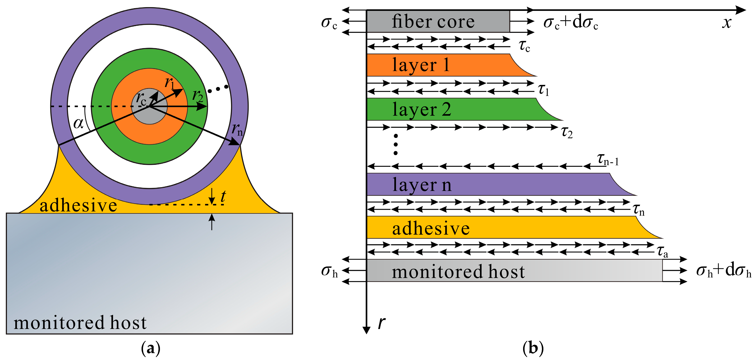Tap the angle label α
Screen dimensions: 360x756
(78, 123)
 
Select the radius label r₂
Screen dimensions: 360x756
(198, 96)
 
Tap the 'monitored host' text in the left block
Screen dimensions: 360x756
(80, 323)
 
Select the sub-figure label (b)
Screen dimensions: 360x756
(533, 348)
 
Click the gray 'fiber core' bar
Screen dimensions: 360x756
(438, 21)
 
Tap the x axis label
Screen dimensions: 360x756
(727, 23)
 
